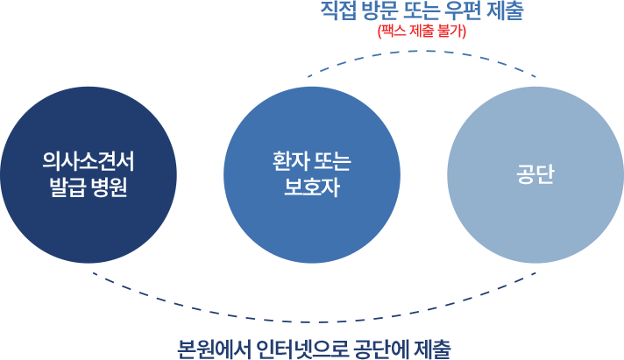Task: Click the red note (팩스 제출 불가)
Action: [421, 32]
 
